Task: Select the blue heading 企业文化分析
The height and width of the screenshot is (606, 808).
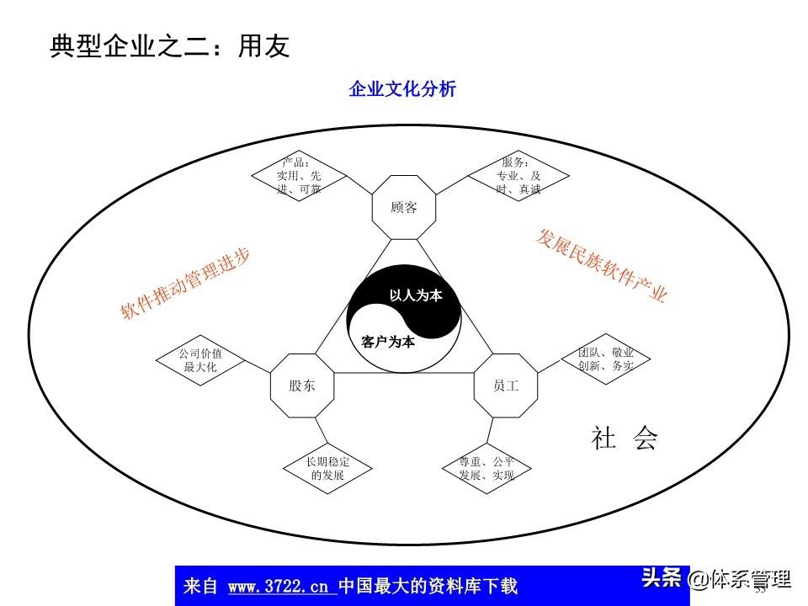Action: pyautogui.click(x=402, y=89)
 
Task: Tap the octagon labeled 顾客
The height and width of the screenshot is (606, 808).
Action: pyautogui.click(x=404, y=207)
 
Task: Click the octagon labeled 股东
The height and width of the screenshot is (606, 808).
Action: pyautogui.click(x=300, y=385)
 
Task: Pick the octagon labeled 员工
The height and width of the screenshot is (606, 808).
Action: pyautogui.click(x=506, y=385)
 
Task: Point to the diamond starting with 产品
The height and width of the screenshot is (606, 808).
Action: pyautogui.click(x=299, y=176)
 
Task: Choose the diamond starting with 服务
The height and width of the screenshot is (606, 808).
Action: pyautogui.click(x=518, y=176)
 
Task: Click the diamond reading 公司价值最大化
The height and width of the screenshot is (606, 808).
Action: pyautogui.click(x=200, y=359)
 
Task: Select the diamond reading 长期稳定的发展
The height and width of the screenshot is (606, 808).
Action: pyautogui.click(x=327, y=468)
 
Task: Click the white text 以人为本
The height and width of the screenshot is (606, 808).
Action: pyautogui.click(x=415, y=295)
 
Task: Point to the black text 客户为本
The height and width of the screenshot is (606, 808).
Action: pyautogui.click(x=388, y=342)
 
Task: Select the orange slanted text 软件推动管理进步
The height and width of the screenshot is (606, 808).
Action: pyautogui.click(x=185, y=284)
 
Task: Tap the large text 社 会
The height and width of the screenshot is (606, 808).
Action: pyautogui.click(x=624, y=439)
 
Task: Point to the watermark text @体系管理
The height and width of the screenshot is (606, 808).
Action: pyautogui.click(x=739, y=580)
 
